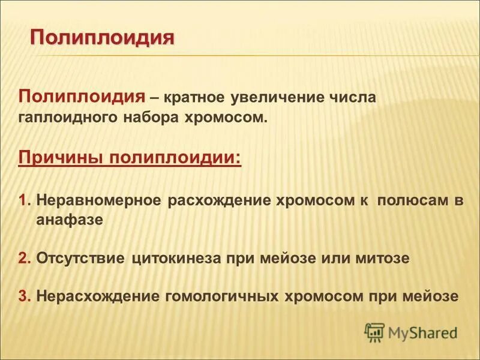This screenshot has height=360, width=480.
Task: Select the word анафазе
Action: pos(70,220)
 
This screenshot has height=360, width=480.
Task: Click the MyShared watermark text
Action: pos(422,332)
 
